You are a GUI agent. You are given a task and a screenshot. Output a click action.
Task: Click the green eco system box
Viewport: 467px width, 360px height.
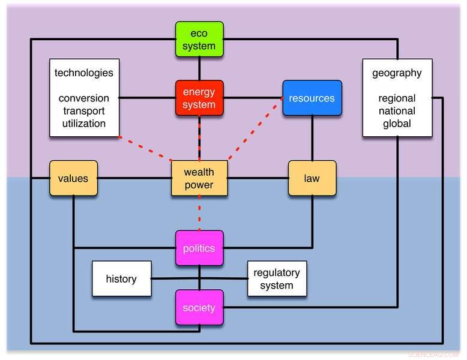click(x=199, y=40)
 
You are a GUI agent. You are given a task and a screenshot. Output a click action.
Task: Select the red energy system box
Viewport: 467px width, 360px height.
click(x=199, y=98)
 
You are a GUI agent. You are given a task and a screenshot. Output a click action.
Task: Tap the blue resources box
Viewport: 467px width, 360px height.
click(x=312, y=98)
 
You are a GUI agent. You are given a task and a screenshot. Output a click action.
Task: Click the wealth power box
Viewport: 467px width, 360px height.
click(x=199, y=178)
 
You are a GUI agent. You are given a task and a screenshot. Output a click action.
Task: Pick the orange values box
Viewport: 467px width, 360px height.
click(x=73, y=178)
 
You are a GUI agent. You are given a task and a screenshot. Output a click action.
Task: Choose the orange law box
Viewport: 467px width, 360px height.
click(x=312, y=178)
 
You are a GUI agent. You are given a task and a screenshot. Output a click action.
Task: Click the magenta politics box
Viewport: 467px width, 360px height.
click(x=199, y=248)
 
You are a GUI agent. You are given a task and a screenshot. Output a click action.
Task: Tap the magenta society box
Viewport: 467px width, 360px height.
click(x=199, y=308)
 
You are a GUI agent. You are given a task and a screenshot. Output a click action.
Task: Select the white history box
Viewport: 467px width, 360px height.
click(x=121, y=279)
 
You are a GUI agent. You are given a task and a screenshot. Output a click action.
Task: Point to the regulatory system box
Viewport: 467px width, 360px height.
click(x=277, y=279)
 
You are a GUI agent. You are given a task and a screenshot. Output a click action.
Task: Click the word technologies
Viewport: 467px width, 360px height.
click(x=84, y=73)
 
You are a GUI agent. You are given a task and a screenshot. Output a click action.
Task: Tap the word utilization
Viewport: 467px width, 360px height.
click(x=84, y=124)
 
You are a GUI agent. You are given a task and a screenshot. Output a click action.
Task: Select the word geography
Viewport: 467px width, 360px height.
click(x=397, y=73)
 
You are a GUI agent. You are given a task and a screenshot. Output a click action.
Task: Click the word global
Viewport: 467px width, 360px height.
click(x=397, y=124)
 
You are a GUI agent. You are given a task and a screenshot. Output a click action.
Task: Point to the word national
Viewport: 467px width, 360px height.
click(x=397, y=111)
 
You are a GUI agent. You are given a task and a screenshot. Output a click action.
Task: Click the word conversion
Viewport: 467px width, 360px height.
click(x=84, y=98)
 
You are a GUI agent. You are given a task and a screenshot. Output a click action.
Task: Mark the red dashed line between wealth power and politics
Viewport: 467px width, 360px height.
click(x=199, y=213)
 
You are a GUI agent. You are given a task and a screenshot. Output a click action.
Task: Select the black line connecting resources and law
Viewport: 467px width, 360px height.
click(x=312, y=138)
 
